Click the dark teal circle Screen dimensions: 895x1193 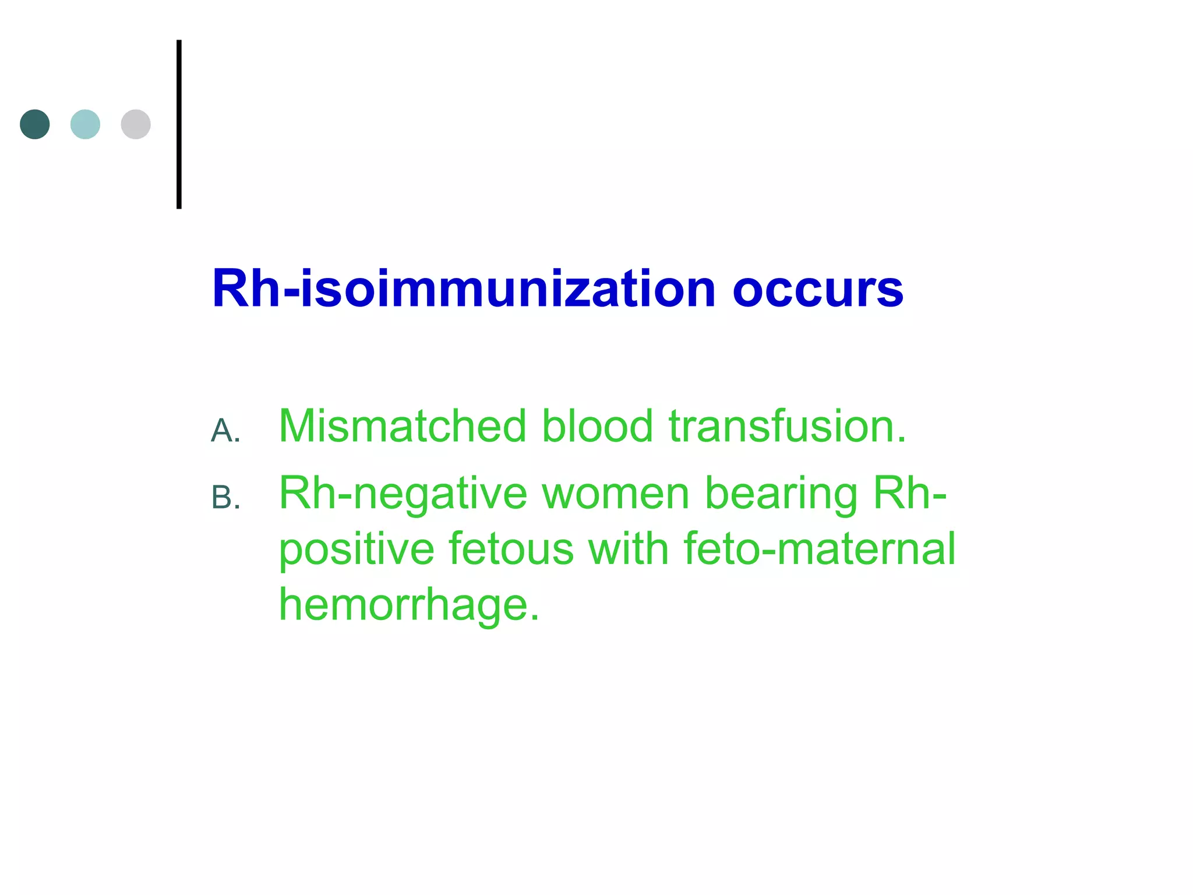click(35, 124)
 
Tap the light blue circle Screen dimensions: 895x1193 click(85, 124)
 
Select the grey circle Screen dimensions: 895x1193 click(136, 124)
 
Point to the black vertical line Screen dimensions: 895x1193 click(179, 124)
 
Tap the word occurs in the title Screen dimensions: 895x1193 click(817, 290)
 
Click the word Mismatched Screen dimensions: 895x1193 click(403, 426)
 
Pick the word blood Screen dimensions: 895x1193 click(597, 426)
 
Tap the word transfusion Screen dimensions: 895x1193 click(787, 426)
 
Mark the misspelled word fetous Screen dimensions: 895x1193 click(511, 549)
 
